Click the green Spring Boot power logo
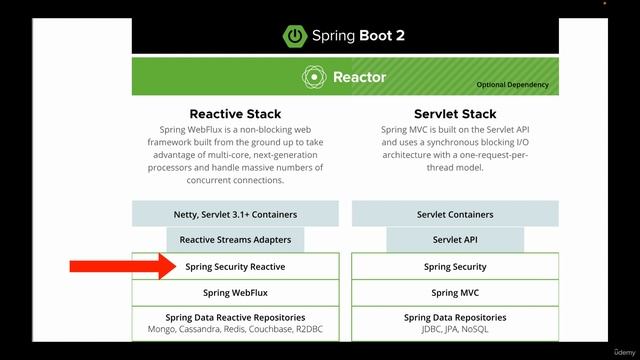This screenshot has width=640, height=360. click(297, 35)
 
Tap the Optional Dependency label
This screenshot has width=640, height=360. click(512, 85)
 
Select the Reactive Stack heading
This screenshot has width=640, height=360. click(235, 113)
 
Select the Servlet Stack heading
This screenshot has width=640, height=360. click(455, 113)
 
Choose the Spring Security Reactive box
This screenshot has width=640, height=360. click(236, 267)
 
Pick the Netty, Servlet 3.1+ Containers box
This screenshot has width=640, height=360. click(236, 214)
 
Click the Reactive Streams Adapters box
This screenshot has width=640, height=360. click(236, 240)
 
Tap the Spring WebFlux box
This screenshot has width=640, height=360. click(236, 293)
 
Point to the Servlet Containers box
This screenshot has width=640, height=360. click(455, 214)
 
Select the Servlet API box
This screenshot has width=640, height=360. click(455, 240)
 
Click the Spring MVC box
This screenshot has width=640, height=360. click(455, 293)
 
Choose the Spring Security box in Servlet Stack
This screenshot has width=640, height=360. click(455, 267)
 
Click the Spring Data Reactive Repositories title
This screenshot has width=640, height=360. click(236, 317)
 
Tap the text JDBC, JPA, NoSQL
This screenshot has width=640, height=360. click(455, 329)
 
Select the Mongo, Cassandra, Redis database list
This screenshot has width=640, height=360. click(236, 329)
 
